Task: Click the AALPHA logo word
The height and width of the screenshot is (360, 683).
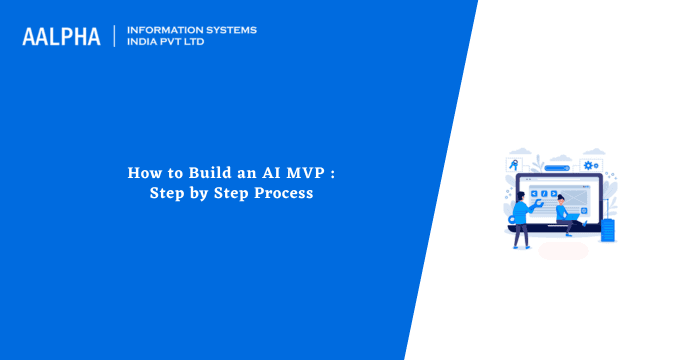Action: tap(61, 37)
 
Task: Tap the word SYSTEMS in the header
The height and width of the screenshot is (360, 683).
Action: tap(230, 30)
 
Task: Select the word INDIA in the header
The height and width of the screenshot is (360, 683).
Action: tap(143, 42)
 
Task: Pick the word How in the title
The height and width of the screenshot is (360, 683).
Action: tap(142, 172)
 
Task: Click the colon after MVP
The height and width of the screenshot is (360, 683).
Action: tap(332, 173)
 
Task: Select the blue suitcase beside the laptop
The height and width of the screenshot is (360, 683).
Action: tap(607, 231)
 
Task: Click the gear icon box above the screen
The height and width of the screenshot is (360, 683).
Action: tap(590, 165)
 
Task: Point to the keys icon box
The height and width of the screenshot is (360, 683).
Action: tap(513, 165)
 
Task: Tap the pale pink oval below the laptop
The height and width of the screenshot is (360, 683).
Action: tap(563, 251)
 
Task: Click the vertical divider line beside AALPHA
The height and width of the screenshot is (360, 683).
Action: tap(115, 37)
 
